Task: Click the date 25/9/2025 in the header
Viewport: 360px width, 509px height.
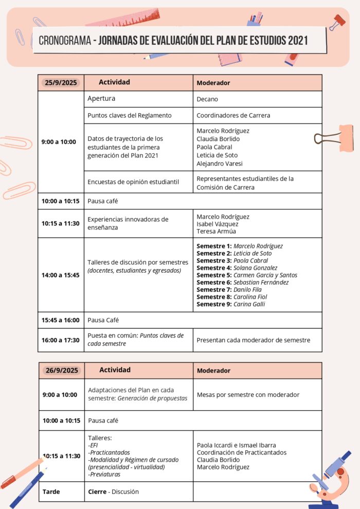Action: (x=61, y=82)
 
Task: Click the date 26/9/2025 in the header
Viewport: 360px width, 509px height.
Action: (x=62, y=370)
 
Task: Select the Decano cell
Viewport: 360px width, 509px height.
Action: (x=207, y=99)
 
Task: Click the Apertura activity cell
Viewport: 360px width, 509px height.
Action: (x=101, y=98)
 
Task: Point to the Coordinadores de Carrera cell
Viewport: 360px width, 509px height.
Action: (x=233, y=115)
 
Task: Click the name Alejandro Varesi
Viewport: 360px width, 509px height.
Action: (x=219, y=164)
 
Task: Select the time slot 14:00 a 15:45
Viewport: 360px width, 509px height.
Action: (x=61, y=275)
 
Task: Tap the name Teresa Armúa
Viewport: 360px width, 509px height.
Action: (x=216, y=232)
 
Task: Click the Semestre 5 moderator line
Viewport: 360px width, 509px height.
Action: (x=246, y=275)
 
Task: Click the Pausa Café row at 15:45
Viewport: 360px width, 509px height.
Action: (x=103, y=320)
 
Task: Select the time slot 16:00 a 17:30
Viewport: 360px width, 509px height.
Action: (x=61, y=340)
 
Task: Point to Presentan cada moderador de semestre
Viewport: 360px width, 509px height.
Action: (x=253, y=340)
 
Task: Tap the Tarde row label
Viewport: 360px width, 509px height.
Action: (x=51, y=492)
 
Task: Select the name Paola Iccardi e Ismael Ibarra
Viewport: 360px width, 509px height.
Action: (x=236, y=445)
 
